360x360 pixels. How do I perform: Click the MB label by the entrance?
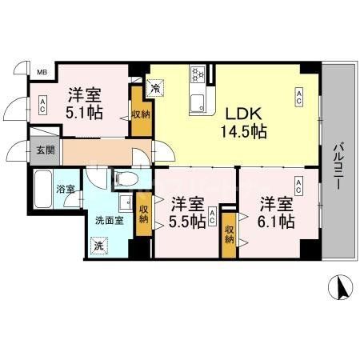point(42,72)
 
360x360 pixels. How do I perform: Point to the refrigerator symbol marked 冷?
point(156,83)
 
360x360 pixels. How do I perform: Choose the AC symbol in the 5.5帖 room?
point(213,217)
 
